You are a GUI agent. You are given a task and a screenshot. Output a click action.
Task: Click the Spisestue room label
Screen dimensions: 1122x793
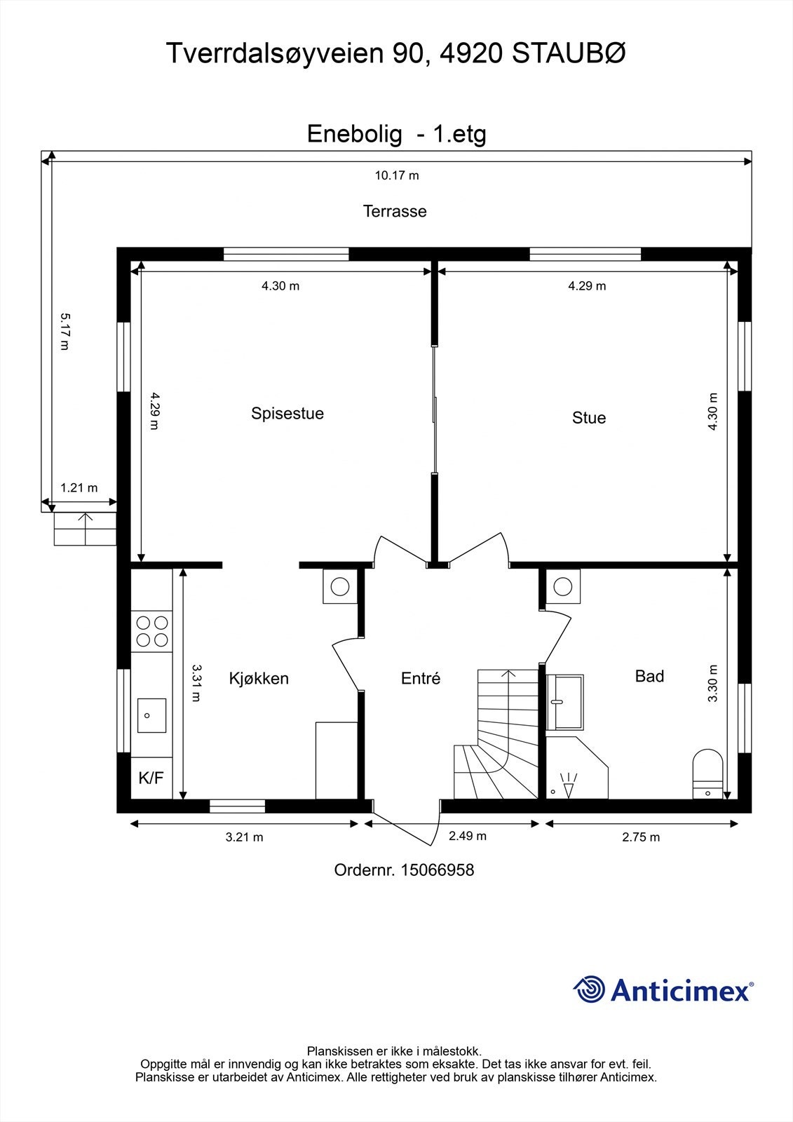pyautogui.click(x=287, y=413)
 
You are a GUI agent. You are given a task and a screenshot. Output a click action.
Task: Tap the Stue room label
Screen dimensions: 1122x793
pyautogui.click(x=589, y=418)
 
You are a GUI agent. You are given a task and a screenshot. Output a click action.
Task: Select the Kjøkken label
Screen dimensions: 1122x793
pyautogui.click(x=259, y=679)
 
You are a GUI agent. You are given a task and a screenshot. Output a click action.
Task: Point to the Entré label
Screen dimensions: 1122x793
pyautogui.click(x=421, y=679)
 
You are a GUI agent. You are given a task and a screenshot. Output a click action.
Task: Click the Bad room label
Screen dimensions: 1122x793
pyautogui.click(x=649, y=676)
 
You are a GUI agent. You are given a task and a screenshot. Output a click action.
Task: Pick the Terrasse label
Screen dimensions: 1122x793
pyautogui.click(x=395, y=211)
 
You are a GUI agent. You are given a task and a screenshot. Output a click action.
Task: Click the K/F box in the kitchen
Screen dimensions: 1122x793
pyautogui.click(x=151, y=778)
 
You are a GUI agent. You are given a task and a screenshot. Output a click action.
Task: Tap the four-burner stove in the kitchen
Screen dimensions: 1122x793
pyautogui.click(x=152, y=630)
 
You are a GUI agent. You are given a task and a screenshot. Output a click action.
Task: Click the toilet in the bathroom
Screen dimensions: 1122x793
pyautogui.click(x=707, y=771)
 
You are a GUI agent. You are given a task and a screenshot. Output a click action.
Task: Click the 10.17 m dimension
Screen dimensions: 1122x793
pyautogui.click(x=397, y=175)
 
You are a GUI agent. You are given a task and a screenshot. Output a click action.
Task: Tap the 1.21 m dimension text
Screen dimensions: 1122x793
pyautogui.click(x=79, y=488)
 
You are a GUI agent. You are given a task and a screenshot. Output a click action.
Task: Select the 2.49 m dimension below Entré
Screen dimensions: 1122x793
pyautogui.click(x=467, y=836)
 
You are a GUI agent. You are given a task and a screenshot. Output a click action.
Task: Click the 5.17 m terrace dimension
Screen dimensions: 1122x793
pyautogui.click(x=64, y=332)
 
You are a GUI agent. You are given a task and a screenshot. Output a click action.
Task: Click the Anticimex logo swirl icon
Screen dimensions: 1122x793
pyautogui.click(x=589, y=989)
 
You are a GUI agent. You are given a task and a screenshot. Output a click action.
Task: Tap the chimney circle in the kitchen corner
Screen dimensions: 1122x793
pyautogui.click(x=340, y=586)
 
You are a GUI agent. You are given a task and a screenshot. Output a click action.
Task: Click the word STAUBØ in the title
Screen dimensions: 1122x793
pyautogui.click(x=569, y=54)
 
